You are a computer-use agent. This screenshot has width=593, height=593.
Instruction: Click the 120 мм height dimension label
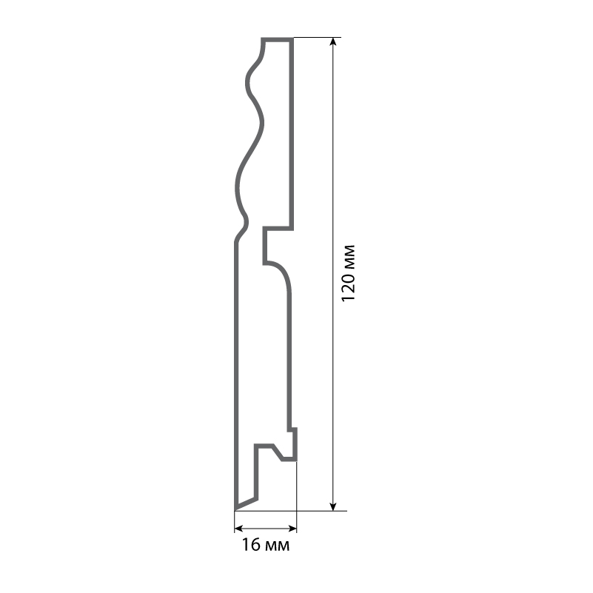pos(349,272)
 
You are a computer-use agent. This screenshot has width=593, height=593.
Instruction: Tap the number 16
pos(251,546)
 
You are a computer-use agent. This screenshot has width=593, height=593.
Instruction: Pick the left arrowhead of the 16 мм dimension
pos(239,529)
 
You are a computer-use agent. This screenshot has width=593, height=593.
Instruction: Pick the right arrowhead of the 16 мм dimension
pos(292,529)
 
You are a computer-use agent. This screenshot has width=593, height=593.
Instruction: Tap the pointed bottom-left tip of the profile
pos(236,508)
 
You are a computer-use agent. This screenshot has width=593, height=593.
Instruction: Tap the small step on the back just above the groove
pos(293,430)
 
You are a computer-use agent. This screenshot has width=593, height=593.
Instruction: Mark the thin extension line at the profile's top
pos(318,37)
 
